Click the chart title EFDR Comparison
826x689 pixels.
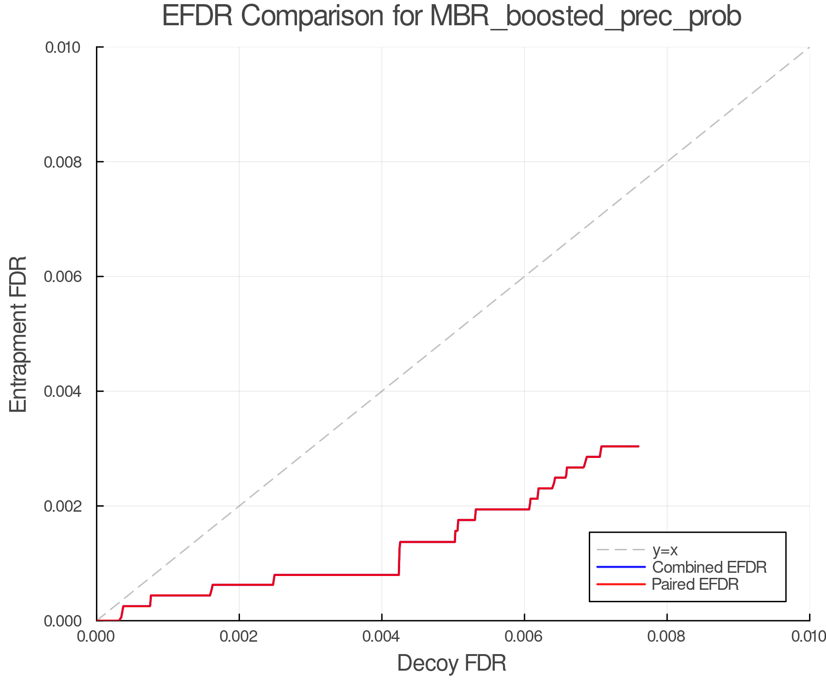[452, 17]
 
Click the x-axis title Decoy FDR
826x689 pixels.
[452, 663]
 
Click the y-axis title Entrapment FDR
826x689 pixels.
[18, 334]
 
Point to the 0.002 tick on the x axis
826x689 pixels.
[239, 636]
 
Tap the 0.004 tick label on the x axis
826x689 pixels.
[382, 636]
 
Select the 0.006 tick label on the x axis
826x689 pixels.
[525, 636]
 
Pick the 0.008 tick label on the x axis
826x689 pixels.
[667, 636]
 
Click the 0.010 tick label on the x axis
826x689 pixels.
[809, 636]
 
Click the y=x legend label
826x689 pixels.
[665, 550]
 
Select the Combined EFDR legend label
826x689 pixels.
[709, 567]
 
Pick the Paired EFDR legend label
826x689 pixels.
[695, 584]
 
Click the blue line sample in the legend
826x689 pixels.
[621, 567]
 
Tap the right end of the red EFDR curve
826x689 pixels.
[638, 446]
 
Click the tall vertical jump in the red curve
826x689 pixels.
[399, 559]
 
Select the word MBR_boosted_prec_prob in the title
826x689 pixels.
[586, 17]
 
